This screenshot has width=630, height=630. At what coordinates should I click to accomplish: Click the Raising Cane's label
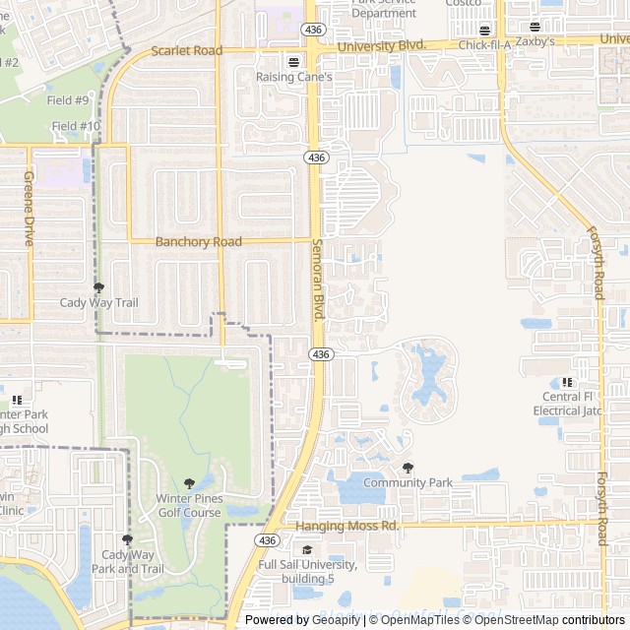click(x=295, y=77)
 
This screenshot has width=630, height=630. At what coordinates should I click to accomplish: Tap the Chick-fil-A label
click(x=484, y=45)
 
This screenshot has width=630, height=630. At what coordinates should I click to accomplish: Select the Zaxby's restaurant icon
click(x=535, y=28)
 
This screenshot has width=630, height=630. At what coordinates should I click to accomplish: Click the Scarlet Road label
click(x=187, y=51)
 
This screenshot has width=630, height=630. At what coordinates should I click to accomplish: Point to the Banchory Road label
click(x=199, y=241)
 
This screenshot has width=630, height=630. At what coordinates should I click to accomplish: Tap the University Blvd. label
click(x=381, y=46)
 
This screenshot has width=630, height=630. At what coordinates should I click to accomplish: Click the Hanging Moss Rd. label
click(x=347, y=526)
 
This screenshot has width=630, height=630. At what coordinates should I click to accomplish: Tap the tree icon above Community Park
click(x=408, y=468)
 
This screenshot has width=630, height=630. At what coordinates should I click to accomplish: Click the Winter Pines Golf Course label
click(x=189, y=505)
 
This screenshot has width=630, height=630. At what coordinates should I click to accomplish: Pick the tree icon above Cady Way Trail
click(x=98, y=287)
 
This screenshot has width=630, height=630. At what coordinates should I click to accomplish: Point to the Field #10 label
click(x=76, y=126)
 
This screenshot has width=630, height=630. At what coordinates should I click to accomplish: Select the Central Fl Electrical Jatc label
click(x=568, y=404)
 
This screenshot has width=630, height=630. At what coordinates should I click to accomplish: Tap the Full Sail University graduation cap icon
click(x=307, y=549)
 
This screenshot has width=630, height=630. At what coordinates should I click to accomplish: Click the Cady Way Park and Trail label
click(x=127, y=561)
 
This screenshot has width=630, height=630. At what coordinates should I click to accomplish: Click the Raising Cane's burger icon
click(x=292, y=61)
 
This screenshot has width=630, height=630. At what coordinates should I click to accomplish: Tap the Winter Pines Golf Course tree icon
click(x=189, y=483)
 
